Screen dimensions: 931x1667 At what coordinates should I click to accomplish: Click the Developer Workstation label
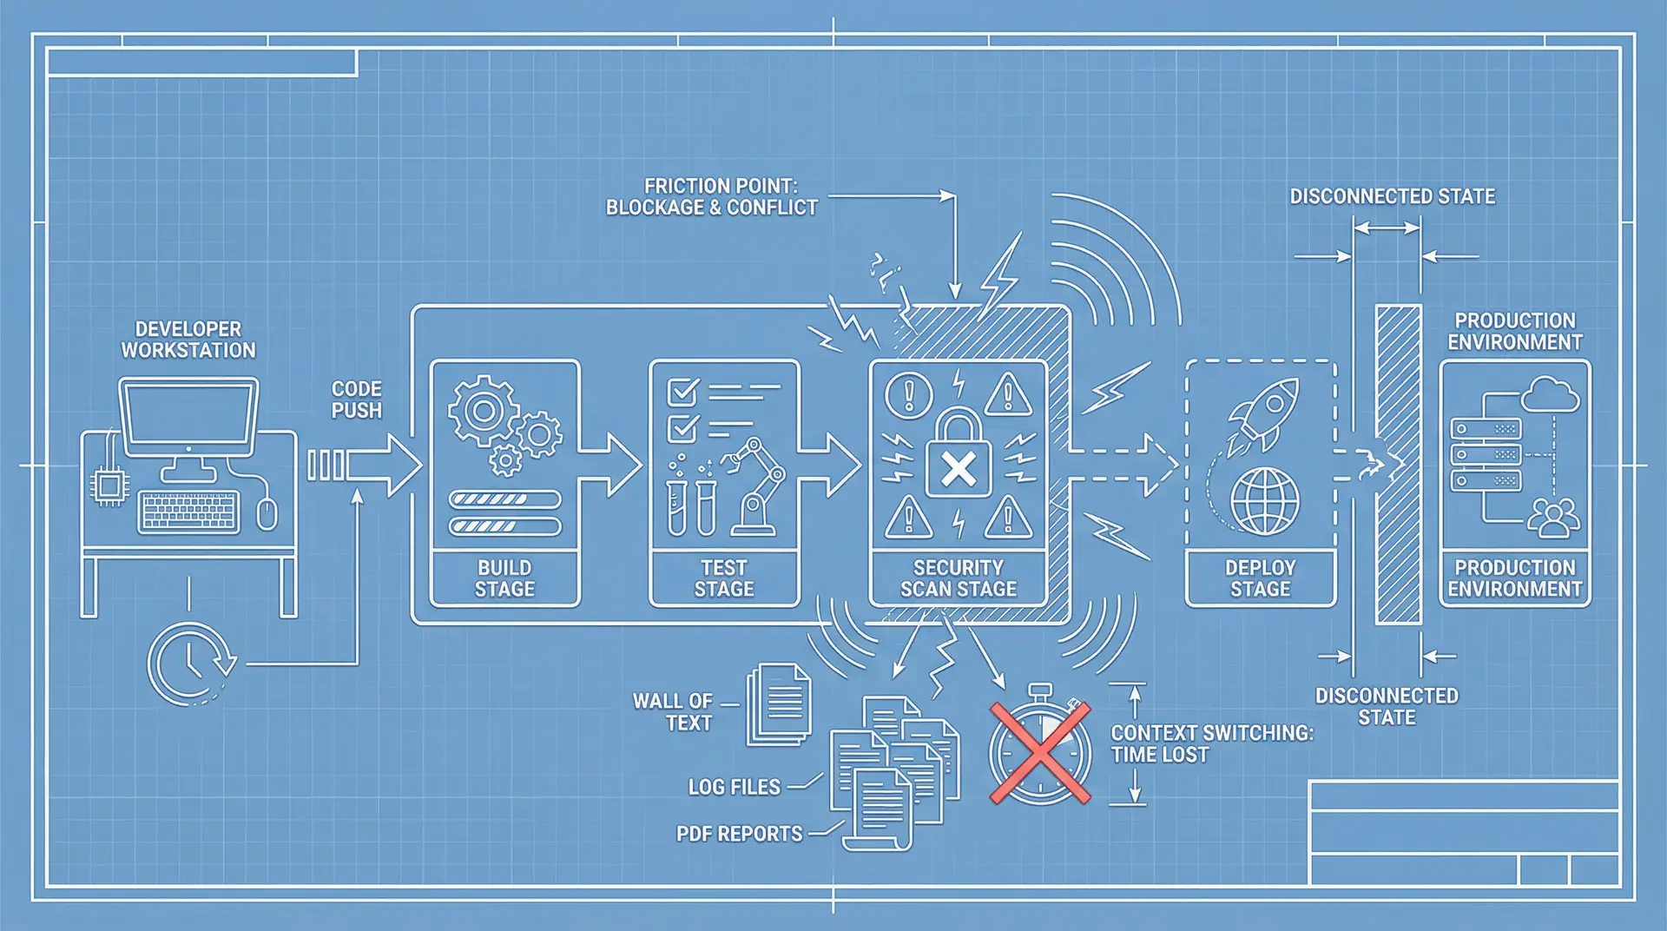pos(188,340)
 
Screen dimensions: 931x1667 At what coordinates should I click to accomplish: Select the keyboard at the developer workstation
pos(188,512)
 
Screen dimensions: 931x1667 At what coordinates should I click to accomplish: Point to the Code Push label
pos(356,399)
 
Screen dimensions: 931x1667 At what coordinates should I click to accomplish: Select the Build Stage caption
pos(504,578)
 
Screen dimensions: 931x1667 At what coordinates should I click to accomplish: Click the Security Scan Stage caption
pos(958,578)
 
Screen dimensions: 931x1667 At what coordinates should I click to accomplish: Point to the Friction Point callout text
pos(712,197)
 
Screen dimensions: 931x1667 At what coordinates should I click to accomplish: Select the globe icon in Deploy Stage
pos(1265,501)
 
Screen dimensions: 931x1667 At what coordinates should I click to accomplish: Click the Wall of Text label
pos(673,712)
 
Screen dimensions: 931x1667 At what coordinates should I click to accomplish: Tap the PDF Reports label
pos(740,834)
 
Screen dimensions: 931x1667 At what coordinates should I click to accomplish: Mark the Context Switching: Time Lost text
pos(1211,743)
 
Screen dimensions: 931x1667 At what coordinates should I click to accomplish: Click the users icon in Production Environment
pos(1554,518)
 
